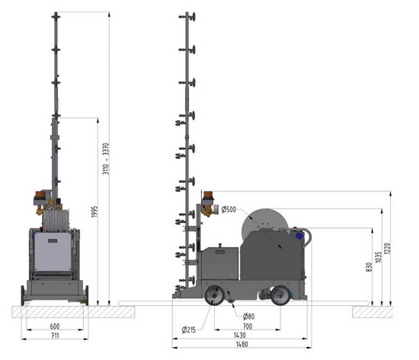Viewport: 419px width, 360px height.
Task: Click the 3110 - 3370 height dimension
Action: [106, 158]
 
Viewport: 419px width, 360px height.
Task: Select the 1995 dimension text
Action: [94, 212]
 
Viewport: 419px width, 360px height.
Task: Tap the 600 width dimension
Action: [55, 326]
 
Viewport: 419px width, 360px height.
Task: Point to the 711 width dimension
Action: [55, 336]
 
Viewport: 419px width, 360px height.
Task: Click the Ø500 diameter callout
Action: [229, 209]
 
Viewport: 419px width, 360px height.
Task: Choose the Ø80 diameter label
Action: [248, 317]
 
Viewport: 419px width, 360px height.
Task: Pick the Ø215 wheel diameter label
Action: [189, 330]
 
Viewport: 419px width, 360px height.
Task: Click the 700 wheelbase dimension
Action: [247, 326]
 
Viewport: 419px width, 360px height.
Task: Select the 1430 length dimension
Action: [240, 335]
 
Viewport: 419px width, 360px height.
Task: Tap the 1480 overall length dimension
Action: [241, 344]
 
